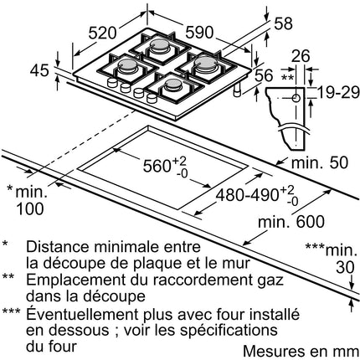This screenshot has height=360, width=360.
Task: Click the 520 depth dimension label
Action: pyautogui.click(x=102, y=33)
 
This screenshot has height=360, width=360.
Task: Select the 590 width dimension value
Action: pyautogui.click(x=199, y=32)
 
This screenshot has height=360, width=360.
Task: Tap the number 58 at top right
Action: pyautogui.click(x=283, y=23)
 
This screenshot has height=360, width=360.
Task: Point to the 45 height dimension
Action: pyautogui.click(x=39, y=70)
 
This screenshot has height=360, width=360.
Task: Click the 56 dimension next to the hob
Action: pyautogui.click(x=264, y=75)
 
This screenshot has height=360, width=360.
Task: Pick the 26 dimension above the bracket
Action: pyautogui.click(x=301, y=56)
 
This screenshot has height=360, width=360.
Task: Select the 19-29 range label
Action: pyautogui.click(x=338, y=92)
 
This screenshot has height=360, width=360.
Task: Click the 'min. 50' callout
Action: pyautogui.click(x=320, y=162)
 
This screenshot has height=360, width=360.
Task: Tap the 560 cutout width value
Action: pyautogui.click(x=157, y=166)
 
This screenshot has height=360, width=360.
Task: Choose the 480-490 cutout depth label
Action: pyautogui.click(x=247, y=194)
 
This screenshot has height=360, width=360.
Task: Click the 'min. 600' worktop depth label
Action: pyautogui.click(x=291, y=222)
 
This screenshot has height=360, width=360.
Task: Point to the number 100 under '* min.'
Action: pyautogui.click(x=30, y=208)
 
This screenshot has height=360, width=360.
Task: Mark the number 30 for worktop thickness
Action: pyautogui.click(x=345, y=267)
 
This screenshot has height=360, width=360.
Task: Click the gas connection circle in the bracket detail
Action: pyautogui.click(x=296, y=98)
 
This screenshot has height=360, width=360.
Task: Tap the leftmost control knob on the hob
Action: pyautogui.click(x=112, y=82)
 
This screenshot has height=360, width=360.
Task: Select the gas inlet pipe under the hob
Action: pyautogui.click(x=238, y=90)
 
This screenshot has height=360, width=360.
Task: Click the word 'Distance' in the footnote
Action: pyautogui.click(x=58, y=247)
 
